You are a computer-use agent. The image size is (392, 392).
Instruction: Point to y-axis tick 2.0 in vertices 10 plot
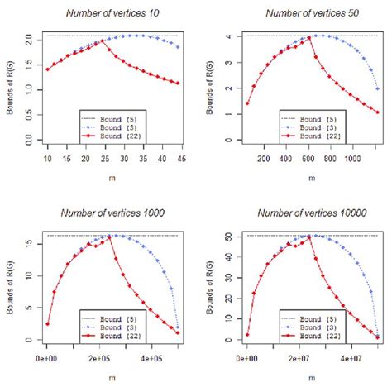tap(28, 39)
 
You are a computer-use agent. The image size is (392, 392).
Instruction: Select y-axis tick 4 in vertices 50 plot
tap(226, 36)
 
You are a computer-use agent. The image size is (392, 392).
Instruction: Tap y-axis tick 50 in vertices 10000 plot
tap(226, 237)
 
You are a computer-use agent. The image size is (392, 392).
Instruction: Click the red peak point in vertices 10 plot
tap(101, 41)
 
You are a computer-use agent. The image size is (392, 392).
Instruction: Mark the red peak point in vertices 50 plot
tap(309, 36)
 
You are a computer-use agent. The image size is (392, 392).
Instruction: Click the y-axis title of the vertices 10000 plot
tap(208, 285)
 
